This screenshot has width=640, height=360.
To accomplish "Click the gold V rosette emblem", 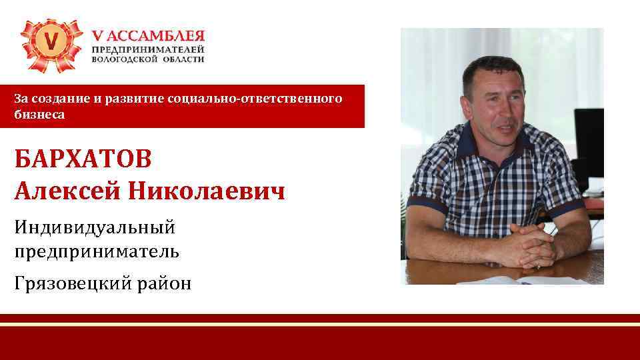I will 51,44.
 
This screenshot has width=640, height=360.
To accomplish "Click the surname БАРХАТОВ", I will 83,160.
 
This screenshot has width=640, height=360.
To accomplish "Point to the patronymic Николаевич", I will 207,192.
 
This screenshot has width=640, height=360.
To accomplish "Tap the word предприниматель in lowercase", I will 97,252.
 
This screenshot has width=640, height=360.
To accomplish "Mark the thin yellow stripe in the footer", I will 320,324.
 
